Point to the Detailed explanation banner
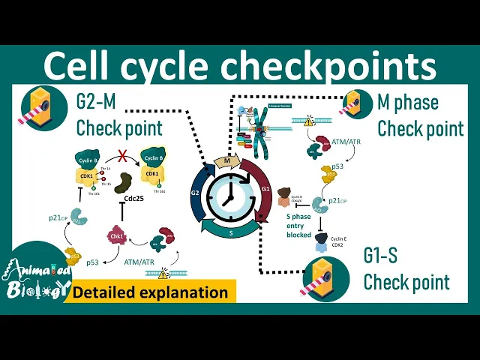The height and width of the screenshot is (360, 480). click(150, 292)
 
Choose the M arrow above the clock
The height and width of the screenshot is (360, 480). click(226, 160)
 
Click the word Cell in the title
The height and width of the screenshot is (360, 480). click(81, 67)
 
